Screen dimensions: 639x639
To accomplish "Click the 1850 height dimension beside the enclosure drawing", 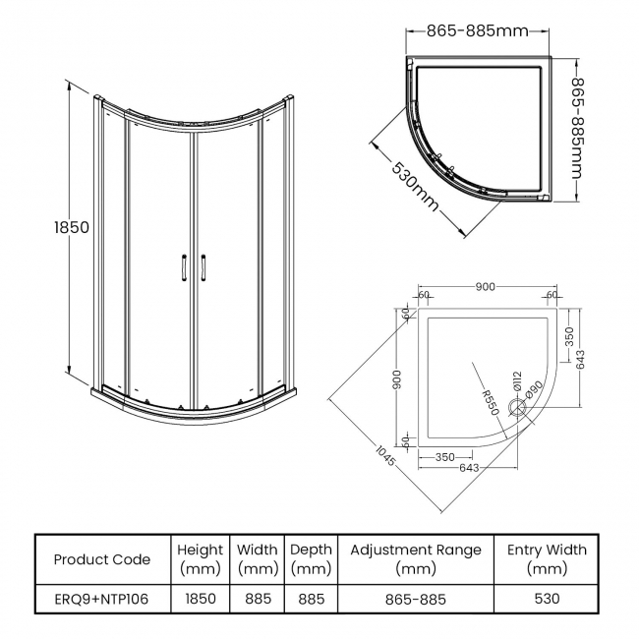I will pos(72,227).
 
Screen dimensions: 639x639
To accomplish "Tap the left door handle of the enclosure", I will pos(183,267).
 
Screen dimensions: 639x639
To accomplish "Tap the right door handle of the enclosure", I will pos(203,267).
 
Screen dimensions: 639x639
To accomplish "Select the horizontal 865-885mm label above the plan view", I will pos(477,30).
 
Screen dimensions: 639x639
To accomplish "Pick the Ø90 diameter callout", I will pos(532,391).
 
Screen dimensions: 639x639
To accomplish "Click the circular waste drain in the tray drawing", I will pos(516,413).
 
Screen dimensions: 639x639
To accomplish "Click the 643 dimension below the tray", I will pos(469,468).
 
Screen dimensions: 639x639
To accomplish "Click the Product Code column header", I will pos(102,559).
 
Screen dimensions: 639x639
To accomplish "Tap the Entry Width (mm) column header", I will pos(547,559).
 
